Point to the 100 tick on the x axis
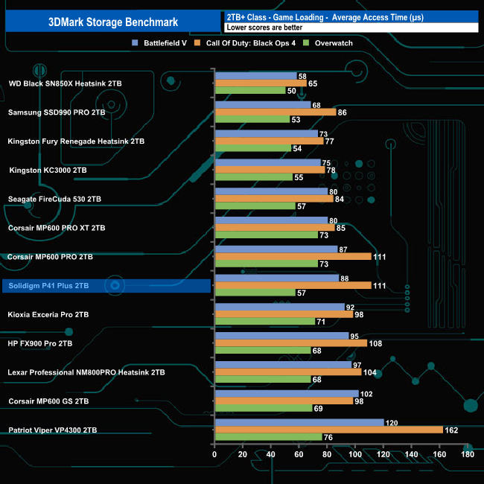coord(355,454)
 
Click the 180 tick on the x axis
coord(468,454)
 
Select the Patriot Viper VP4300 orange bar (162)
coord(328,430)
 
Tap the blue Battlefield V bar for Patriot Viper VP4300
coord(299,422)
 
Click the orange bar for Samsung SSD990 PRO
coord(275,112)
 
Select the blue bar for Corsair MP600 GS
coord(286,393)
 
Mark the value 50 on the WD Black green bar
coord(291,91)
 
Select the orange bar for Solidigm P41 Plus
coord(292,285)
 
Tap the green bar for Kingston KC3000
coord(252,177)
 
